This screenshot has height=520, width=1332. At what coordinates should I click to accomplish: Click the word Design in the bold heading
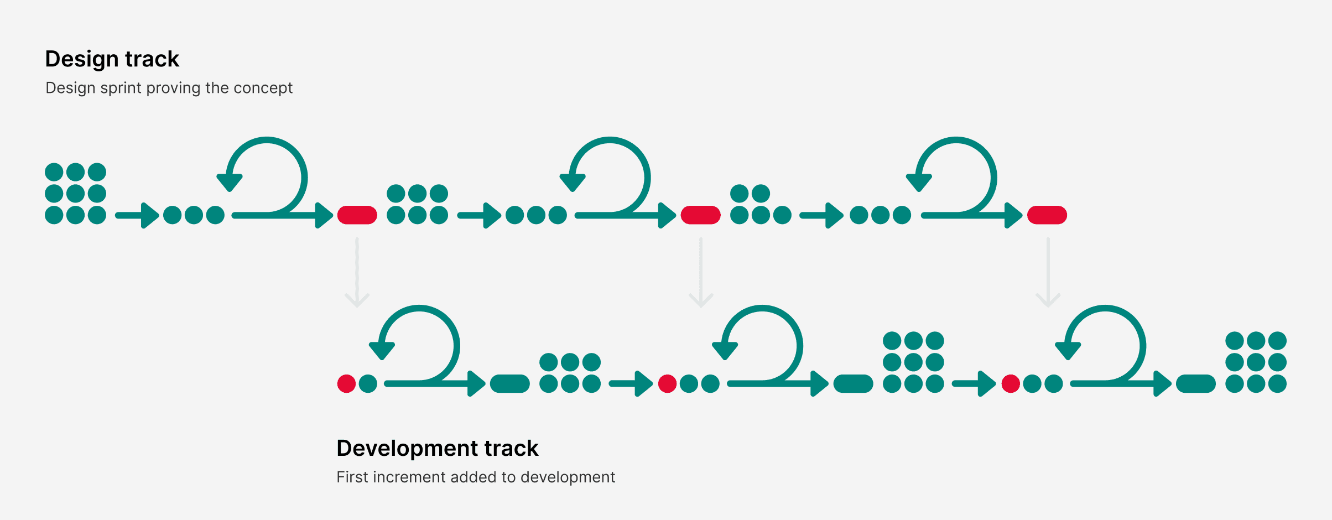point(82,59)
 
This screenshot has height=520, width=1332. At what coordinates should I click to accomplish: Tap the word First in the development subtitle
point(352,477)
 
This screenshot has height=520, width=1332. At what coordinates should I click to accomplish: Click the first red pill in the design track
point(357,215)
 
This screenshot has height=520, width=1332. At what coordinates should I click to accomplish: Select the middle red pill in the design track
point(700,215)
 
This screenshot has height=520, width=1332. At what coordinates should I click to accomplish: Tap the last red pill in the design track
point(1047,215)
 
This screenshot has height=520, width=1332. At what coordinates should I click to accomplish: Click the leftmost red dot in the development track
point(346,383)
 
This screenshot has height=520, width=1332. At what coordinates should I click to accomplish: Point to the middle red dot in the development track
point(667,383)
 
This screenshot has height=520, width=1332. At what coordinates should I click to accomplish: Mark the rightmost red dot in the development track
point(1011,383)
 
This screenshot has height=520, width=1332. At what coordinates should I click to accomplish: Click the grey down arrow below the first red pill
point(357,272)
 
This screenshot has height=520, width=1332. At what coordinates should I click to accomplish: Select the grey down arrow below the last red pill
point(1048,272)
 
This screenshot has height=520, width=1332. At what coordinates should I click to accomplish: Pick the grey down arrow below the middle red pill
point(701,272)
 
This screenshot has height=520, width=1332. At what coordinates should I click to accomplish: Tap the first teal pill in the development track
point(510,383)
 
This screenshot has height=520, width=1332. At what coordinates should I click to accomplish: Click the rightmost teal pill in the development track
point(1195,383)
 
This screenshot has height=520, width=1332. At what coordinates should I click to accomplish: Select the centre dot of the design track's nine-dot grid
point(75,194)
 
